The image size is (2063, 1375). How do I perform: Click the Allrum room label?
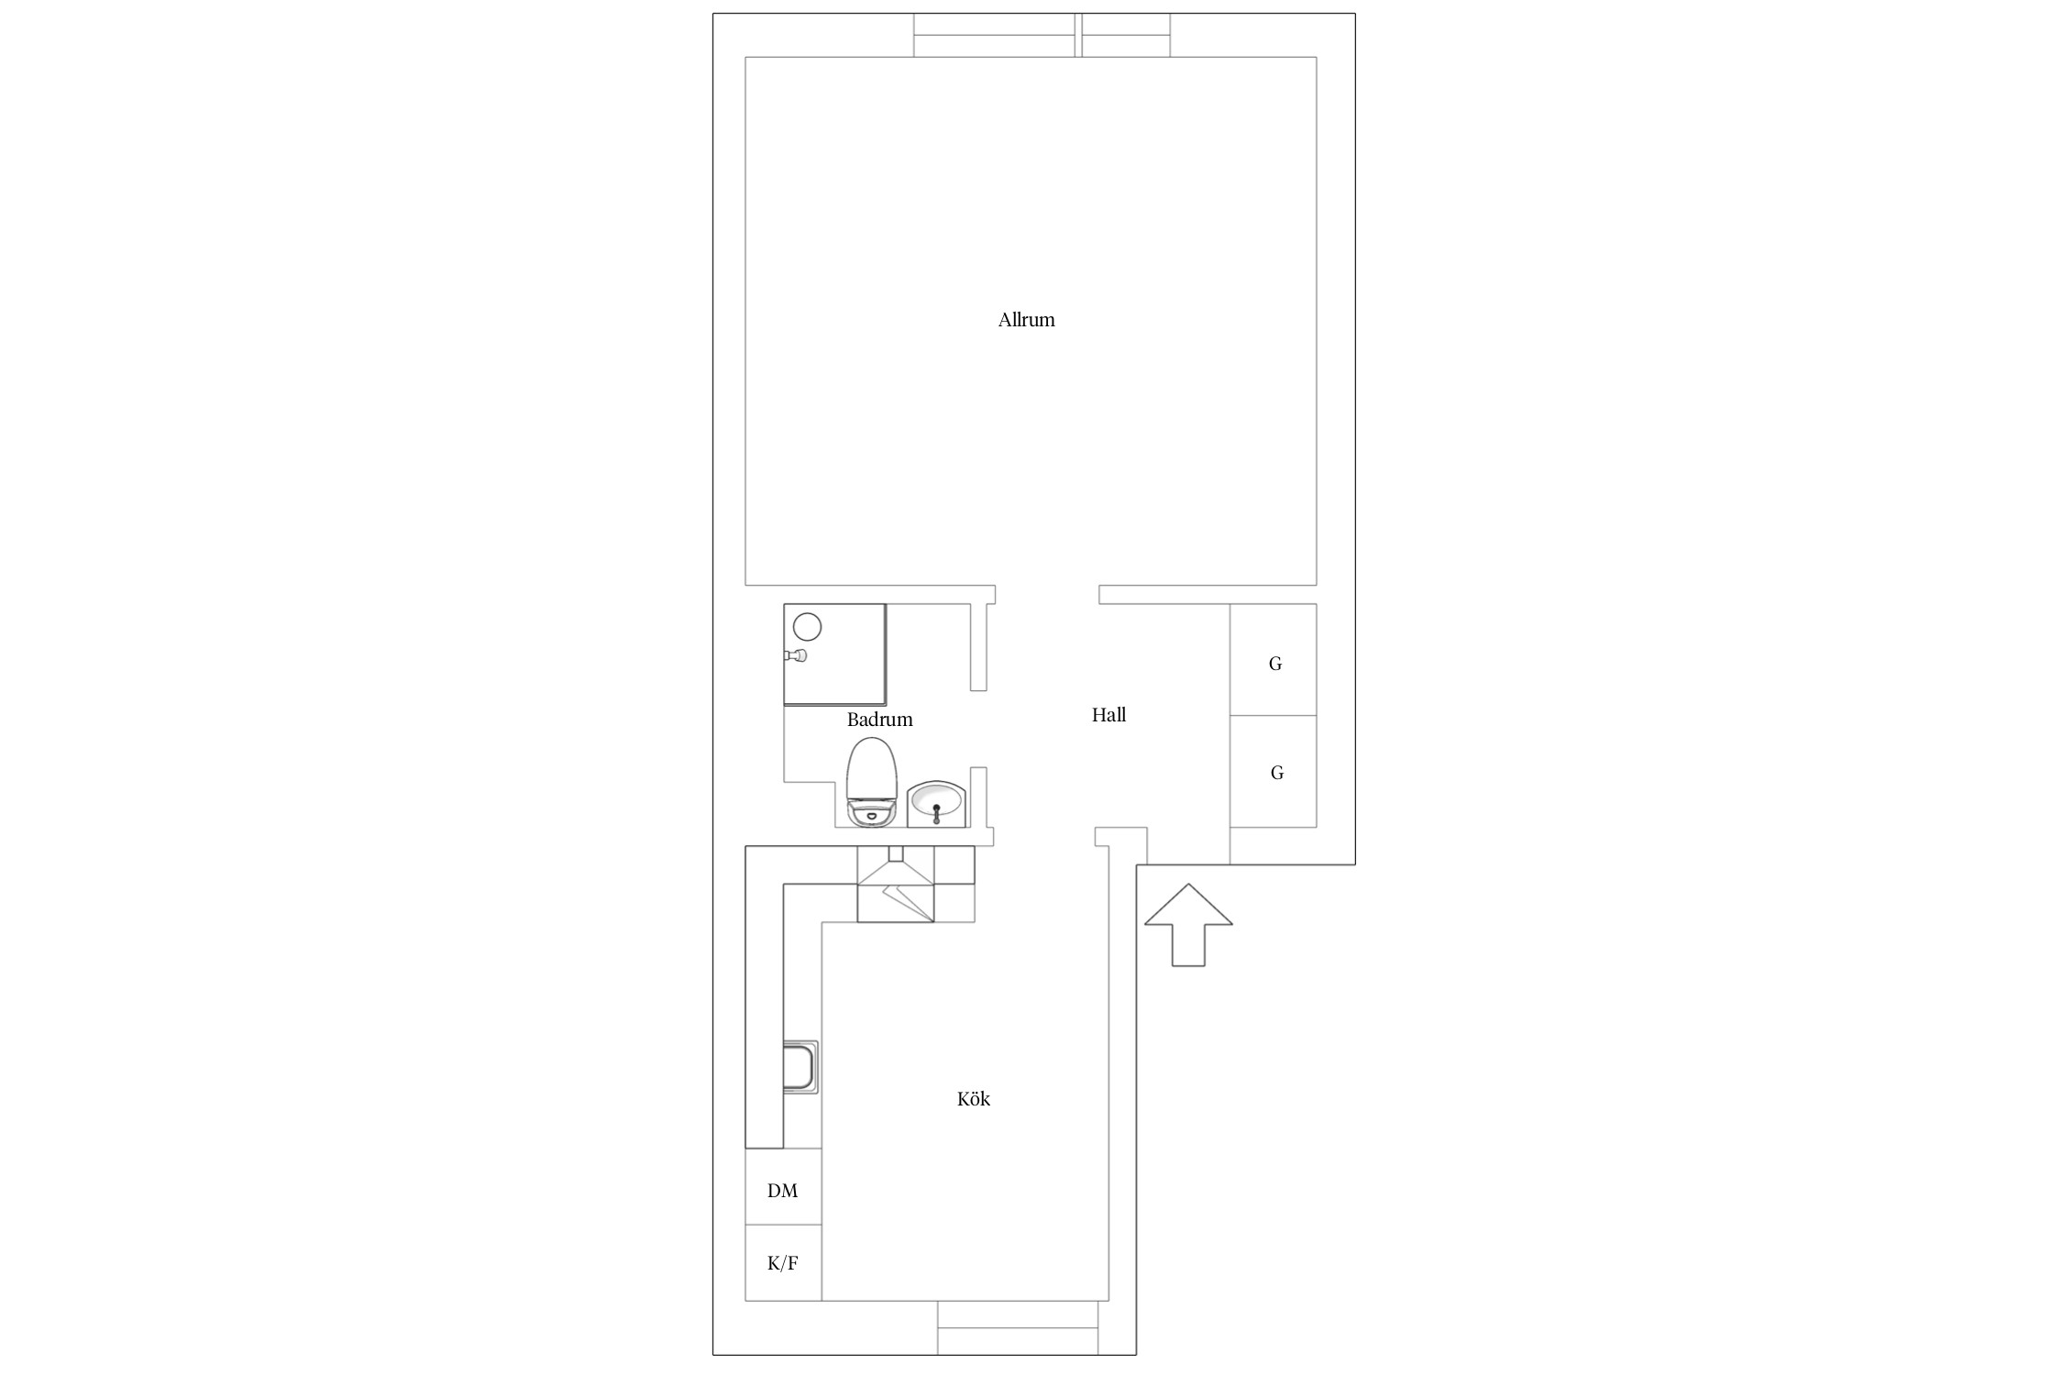pyautogui.click(x=1026, y=320)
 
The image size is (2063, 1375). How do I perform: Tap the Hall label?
pyautogui.click(x=1109, y=715)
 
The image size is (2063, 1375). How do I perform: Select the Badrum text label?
pyautogui.click(x=879, y=720)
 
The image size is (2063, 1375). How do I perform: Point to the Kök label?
pyautogui.click(x=973, y=1098)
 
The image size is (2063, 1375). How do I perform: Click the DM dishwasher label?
pyautogui.click(x=782, y=1191)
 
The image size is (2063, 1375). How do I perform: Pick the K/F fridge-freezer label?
pyautogui.click(x=782, y=1263)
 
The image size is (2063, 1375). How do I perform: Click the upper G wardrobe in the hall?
pyautogui.click(x=1274, y=660)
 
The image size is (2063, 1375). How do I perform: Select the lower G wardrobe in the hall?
pyautogui.click(x=1274, y=772)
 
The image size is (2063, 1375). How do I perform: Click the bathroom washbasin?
pyautogui.click(x=936, y=804)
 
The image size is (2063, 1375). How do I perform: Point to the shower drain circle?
pyautogui.click(x=807, y=627)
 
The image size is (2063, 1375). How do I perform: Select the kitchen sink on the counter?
pyautogui.click(x=800, y=1067)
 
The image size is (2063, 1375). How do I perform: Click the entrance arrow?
pyautogui.click(x=1188, y=924)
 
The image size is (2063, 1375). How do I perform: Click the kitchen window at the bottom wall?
pyautogui.click(x=1018, y=1327)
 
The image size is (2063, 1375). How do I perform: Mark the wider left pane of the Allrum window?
pyautogui.click(x=995, y=35)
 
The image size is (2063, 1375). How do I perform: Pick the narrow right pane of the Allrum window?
pyautogui.click(x=1126, y=35)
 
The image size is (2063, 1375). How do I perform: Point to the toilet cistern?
pyautogui.click(x=871, y=813)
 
